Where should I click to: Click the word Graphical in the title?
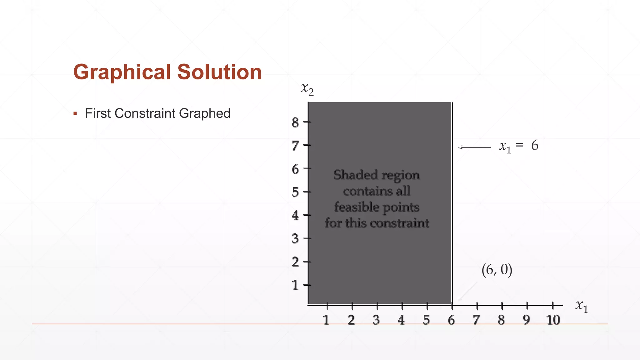(x=122, y=72)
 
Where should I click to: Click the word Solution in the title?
(x=219, y=72)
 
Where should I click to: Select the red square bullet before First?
(x=75, y=113)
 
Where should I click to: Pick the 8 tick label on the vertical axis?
(x=295, y=122)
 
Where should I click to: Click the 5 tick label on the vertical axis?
(x=295, y=192)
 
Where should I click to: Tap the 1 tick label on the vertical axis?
(x=295, y=285)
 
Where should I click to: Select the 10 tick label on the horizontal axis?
(x=553, y=320)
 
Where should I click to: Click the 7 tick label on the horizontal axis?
(x=476, y=320)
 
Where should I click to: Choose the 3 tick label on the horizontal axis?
(x=376, y=320)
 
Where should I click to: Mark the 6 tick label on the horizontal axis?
(x=451, y=320)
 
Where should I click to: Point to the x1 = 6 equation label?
(x=519, y=146)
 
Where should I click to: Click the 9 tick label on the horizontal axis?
(x=527, y=320)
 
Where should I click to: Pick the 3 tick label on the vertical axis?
(x=295, y=239)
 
